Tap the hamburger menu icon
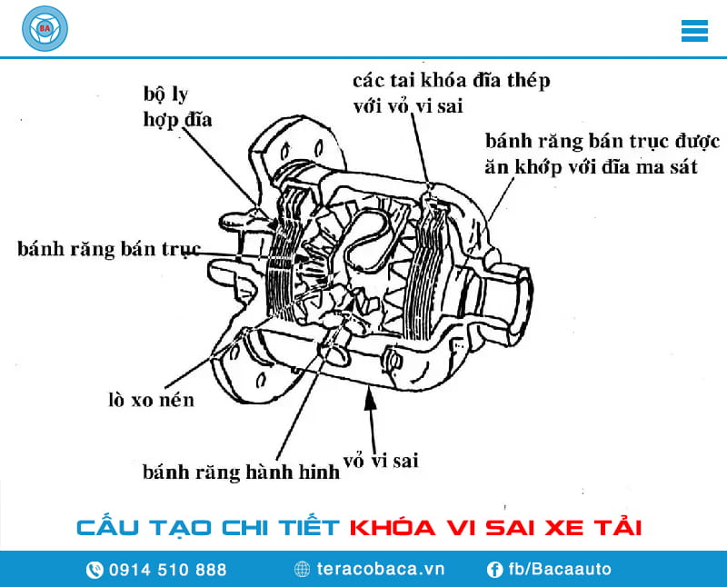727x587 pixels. tap(694, 30)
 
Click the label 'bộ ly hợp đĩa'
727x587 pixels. tap(177, 106)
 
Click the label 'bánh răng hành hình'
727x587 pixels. tap(241, 472)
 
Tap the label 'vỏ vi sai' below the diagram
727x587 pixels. tap(381, 460)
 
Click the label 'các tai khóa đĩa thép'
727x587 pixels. tap(452, 81)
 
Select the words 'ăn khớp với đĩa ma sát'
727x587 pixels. tap(592, 167)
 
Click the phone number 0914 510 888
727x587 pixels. tap(167, 570)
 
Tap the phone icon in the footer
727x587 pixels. tap(95, 570)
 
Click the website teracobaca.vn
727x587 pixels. tap(381, 570)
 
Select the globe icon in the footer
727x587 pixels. tap(303, 570)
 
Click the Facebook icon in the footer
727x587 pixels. tap(495, 570)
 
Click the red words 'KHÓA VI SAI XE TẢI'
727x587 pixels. tap(495, 527)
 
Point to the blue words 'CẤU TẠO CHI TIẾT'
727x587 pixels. tap(208, 527)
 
